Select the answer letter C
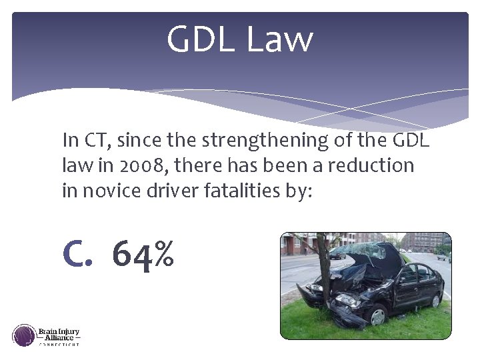coord(76,254)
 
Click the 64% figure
coord(143,254)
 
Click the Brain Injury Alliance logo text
coord(59,335)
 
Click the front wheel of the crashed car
coord(377,313)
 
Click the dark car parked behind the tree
coord(338,253)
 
